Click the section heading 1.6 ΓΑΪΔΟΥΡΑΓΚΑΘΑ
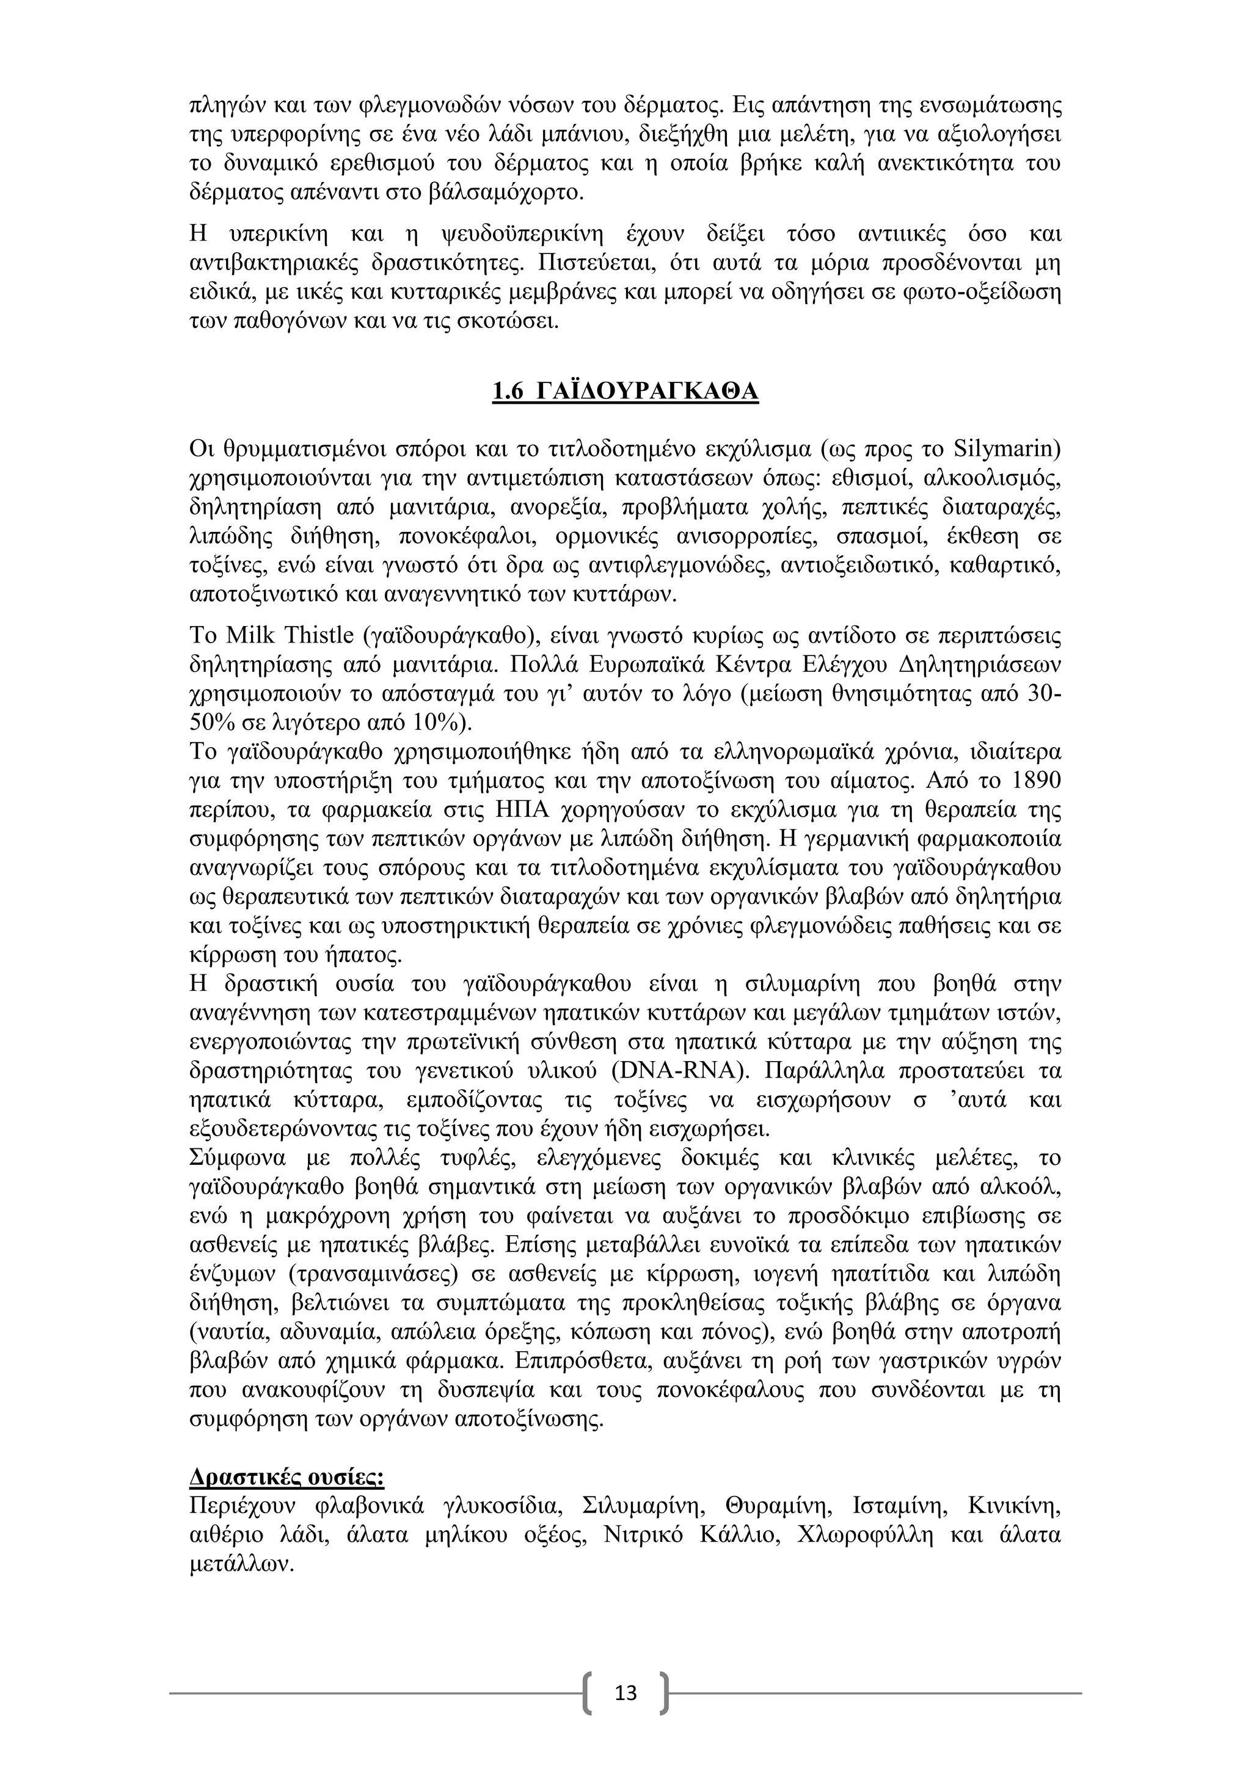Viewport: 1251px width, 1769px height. coord(625,392)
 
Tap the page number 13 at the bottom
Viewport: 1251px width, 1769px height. coord(625,1691)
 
